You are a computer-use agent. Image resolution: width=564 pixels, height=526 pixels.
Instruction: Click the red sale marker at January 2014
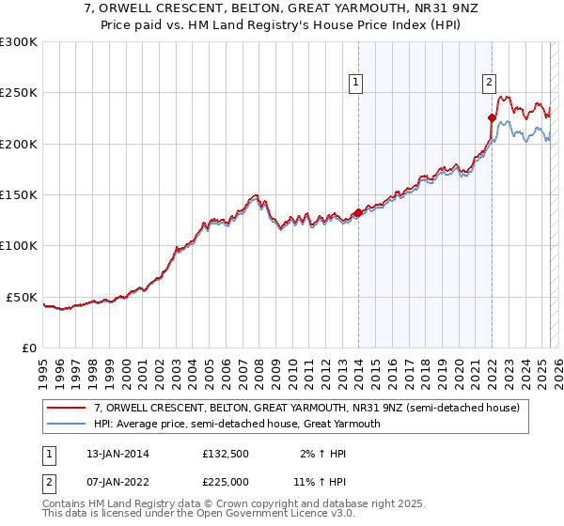(358, 212)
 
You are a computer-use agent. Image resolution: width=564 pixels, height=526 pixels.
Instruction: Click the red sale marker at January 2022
(491, 118)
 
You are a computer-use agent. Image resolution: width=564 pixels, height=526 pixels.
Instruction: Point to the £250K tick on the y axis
(20, 93)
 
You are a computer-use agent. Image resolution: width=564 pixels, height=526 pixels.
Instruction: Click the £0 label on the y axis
(30, 348)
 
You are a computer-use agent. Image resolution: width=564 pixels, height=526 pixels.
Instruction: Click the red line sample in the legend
(67, 409)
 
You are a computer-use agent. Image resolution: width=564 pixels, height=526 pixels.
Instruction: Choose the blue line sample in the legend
(67, 424)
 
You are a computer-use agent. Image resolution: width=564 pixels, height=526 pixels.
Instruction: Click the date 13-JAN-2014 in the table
(112, 455)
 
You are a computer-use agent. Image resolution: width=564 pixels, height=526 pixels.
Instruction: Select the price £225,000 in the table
(227, 482)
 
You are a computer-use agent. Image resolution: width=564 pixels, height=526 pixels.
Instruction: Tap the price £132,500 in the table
(227, 455)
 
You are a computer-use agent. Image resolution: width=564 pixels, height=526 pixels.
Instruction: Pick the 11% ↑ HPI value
(316, 482)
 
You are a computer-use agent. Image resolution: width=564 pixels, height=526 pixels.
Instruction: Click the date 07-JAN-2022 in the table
(112, 482)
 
